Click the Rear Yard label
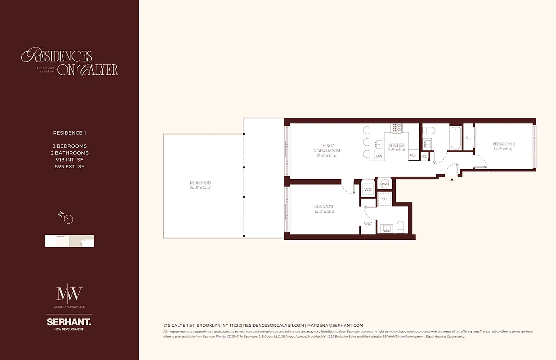200,183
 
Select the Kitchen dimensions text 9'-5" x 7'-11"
397,150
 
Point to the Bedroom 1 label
325,206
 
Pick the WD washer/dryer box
368,189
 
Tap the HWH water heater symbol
385,184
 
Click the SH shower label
384,199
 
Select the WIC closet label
368,223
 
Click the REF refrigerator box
413,155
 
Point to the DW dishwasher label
379,156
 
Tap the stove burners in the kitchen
396,128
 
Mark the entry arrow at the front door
452,179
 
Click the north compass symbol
68,219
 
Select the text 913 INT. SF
70,160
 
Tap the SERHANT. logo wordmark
69,322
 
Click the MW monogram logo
69,294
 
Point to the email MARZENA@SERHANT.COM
335,325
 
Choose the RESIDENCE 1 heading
69,133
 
